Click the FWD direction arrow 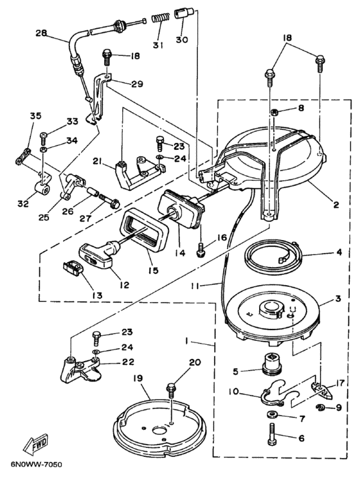36,444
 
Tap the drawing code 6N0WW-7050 36,465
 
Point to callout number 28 42,33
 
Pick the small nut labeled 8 274,111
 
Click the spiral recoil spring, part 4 274,252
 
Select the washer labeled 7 271,415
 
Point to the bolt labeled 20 170,392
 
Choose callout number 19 138,379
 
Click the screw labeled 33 43,140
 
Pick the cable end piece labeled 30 183,14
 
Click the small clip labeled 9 321,407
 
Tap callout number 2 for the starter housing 336,205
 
